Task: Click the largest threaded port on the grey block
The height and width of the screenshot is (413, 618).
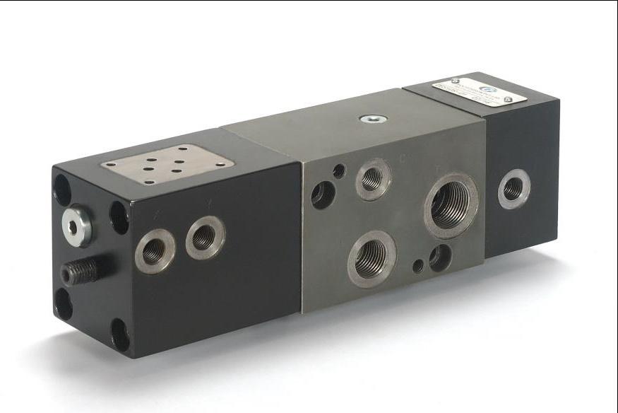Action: coord(450,204)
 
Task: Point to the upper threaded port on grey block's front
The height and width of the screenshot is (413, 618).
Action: coord(372,178)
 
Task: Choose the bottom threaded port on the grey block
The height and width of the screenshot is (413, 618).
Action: coord(372,258)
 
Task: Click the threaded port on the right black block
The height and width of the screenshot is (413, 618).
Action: coord(513,189)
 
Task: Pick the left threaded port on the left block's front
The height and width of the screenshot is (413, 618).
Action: coord(154,251)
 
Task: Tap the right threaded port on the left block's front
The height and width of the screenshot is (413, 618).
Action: coord(205,237)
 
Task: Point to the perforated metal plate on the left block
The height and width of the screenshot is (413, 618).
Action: coord(167,164)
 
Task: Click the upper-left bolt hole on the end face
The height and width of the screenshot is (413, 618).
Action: coord(62,190)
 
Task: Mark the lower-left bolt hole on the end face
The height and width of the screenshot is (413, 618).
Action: coord(63,303)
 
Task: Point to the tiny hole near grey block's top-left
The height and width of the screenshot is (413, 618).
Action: coord(339,170)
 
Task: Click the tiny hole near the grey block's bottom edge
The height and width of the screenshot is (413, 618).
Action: coord(418,267)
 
